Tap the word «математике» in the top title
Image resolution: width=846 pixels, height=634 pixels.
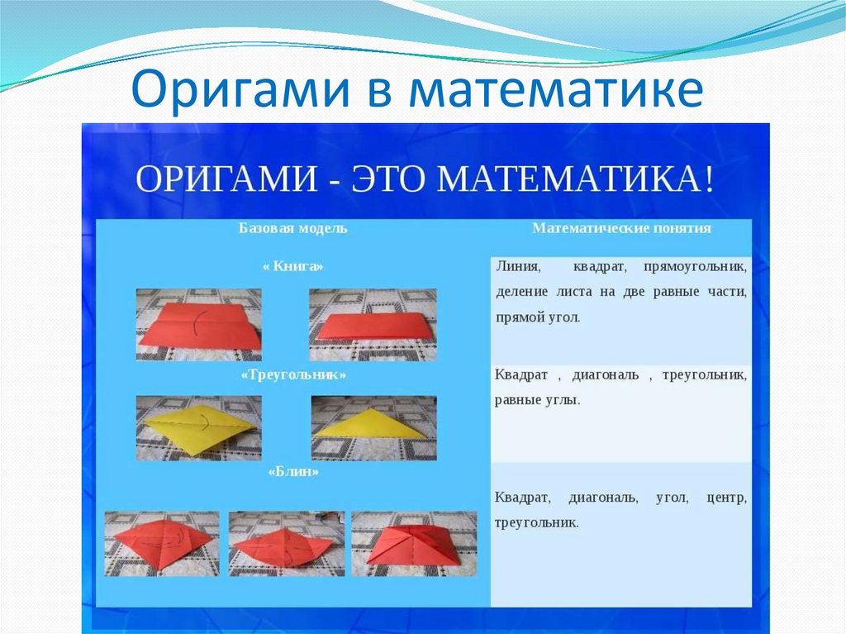pyautogui.click(x=556, y=88)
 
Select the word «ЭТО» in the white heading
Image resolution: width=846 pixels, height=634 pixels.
pyautogui.click(x=388, y=179)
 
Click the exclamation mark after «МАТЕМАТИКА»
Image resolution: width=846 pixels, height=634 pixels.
pyautogui.click(x=708, y=179)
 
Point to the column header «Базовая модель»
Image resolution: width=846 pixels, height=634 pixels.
pyautogui.click(x=293, y=228)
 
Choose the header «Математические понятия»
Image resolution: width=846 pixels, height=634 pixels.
pyautogui.click(x=621, y=228)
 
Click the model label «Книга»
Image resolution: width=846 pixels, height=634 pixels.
pyautogui.click(x=293, y=266)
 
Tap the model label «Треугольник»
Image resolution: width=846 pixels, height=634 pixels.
pyautogui.click(x=293, y=374)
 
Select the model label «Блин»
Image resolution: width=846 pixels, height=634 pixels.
pyautogui.click(x=293, y=471)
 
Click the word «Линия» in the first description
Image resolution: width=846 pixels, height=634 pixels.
pyautogui.click(x=517, y=267)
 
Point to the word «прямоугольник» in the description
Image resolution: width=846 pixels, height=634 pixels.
pyautogui.click(x=696, y=267)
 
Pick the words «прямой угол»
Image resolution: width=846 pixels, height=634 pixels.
pyautogui.click(x=538, y=317)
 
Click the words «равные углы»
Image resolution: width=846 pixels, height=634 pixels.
pyautogui.click(x=537, y=401)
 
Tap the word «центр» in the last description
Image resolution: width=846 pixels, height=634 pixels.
pyautogui.click(x=727, y=498)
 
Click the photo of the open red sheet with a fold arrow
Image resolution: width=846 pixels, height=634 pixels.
pyautogui.click(x=198, y=325)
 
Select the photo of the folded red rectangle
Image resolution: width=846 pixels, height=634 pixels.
pyautogui.click(x=373, y=325)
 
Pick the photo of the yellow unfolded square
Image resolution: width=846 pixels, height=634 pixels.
pyautogui.click(x=198, y=428)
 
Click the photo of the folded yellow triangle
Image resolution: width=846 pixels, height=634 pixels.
pyautogui.click(x=374, y=428)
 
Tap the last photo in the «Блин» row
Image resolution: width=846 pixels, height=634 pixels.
pyautogui.click(x=415, y=544)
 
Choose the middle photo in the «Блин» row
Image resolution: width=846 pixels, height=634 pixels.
pyautogui.click(x=287, y=544)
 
